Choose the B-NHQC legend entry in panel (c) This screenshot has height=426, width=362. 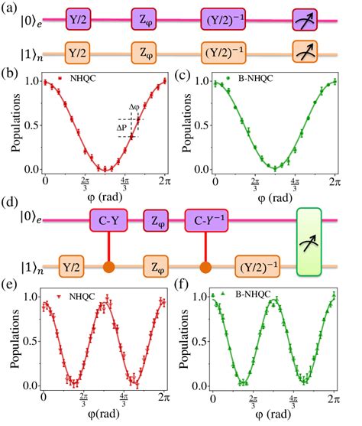pos(257,78)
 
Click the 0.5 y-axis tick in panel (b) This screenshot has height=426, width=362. pos(35,125)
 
